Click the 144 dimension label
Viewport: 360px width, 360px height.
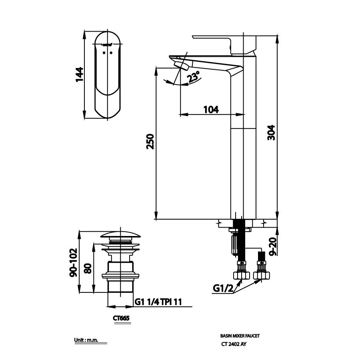80,74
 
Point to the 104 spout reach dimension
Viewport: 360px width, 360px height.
211,109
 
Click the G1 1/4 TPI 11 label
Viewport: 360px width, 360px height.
158,302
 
